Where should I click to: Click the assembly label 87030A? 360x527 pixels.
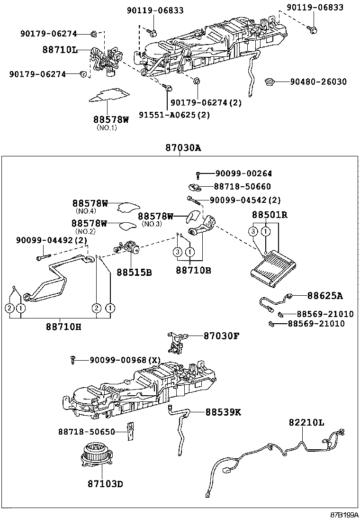coord(183,148)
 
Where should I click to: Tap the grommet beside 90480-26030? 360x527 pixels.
coord(271,82)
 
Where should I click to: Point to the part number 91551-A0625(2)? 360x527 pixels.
coord(174,114)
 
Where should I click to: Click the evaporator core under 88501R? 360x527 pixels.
coord(268,269)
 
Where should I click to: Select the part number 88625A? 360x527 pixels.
coord(324,296)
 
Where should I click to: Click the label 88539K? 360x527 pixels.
coord(223,412)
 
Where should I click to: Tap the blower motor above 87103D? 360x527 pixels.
coord(96,454)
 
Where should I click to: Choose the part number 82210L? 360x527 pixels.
coord(306,423)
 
